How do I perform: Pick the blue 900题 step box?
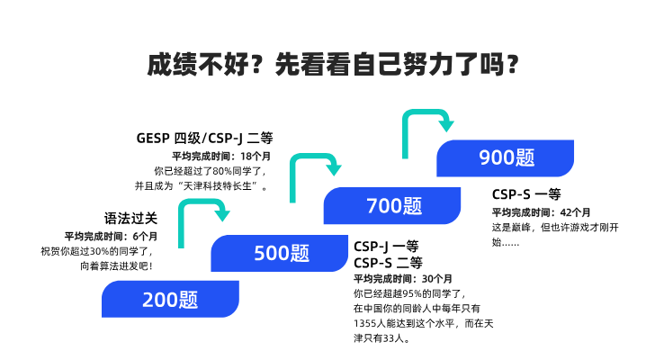(x=507, y=157)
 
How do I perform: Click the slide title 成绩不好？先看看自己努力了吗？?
(x=327, y=65)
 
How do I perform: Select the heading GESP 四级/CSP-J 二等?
(x=203, y=138)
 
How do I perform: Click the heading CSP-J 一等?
(x=387, y=246)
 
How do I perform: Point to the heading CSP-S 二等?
(x=388, y=263)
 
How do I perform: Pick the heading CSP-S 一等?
(x=526, y=193)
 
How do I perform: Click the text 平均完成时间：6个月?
(x=110, y=236)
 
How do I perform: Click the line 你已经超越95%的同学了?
(x=409, y=293)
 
